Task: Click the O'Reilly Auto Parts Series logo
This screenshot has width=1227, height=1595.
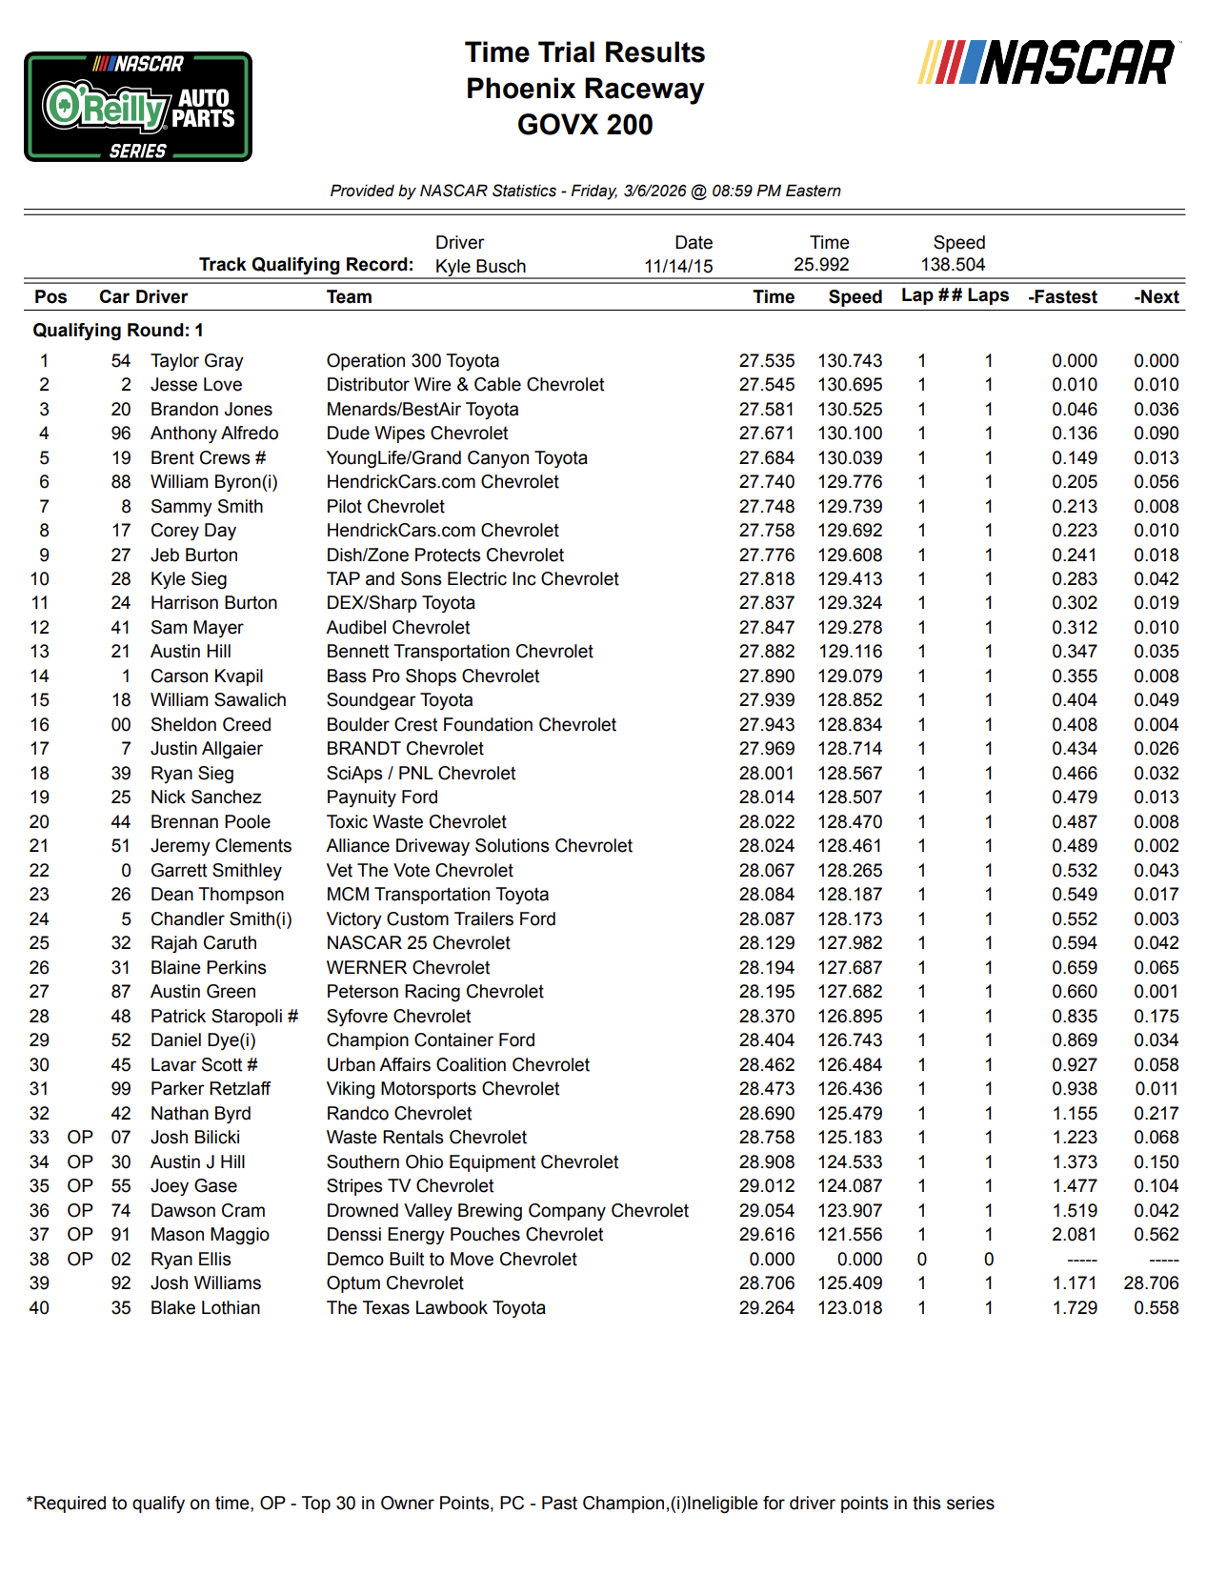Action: pyautogui.click(x=138, y=107)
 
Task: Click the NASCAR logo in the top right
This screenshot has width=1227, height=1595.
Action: pyautogui.click(x=1048, y=63)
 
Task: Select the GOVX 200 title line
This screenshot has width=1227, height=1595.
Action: pyautogui.click(x=585, y=125)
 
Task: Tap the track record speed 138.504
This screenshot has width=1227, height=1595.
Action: pyautogui.click(x=953, y=265)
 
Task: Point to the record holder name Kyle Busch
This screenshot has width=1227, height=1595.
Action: pyautogui.click(x=480, y=267)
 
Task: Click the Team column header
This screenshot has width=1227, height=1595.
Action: pyautogui.click(x=349, y=297)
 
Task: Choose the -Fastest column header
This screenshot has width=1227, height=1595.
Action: pyautogui.click(x=1062, y=297)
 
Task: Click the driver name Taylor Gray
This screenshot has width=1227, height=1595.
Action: pyautogui.click(x=196, y=361)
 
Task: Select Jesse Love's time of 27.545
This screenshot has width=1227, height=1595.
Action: pyautogui.click(x=766, y=385)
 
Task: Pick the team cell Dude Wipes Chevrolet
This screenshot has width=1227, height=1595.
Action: pyautogui.click(x=417, y=434)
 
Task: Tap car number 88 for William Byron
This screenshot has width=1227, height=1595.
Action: pyautogui.click(x=121, y=482)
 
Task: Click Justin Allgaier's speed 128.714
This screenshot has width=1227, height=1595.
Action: pyautogui.click(x=850, y=749)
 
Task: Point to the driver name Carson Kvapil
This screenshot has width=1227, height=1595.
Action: pyautogui.click(x=207, y=676)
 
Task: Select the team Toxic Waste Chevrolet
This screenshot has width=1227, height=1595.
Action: pyautogui.click(x=416, y=822)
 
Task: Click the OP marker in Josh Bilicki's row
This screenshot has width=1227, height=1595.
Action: pyautogui.click(x=80, y=1138)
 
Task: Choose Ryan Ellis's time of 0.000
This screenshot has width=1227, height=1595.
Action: pyautogui.click(x=772, y=1260)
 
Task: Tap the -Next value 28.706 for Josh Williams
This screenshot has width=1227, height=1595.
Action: pyautogui.click(x=1151, y=1283)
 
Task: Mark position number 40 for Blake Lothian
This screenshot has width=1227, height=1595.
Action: pyautogui.click(x=39, y=1308)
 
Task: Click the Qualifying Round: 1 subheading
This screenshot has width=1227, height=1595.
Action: pyautogui.click(x=118, y=331)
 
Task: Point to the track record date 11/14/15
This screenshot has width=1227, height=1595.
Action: pyautogui.click(x=678, y=267)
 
